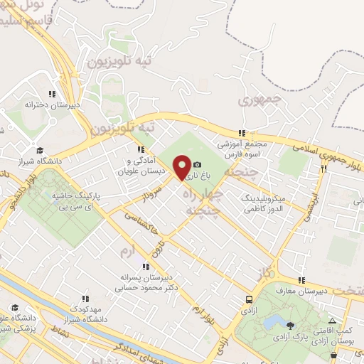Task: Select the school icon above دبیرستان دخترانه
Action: (x=51, y=94)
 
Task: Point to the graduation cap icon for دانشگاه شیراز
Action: (x=40, y=151)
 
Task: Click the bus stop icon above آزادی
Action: (x=248, y=299)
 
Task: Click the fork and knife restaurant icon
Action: (x=323, y=169)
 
